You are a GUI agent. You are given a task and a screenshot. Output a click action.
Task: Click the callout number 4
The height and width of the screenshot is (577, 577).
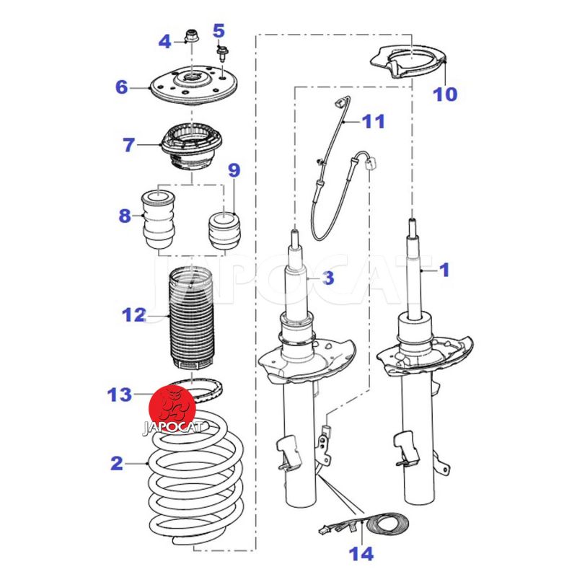point(164,42)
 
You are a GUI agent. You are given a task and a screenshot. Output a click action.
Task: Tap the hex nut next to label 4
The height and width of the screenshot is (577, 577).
point(192,35)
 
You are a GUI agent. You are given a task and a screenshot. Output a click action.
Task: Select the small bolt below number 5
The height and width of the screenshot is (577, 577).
point(222,53)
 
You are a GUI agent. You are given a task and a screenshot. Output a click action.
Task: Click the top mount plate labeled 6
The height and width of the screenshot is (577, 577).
point(194,85)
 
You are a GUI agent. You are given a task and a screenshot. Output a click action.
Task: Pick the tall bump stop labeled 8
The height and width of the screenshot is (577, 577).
point(158,219)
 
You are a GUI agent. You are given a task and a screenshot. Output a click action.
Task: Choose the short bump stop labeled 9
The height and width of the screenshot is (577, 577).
point(224,230)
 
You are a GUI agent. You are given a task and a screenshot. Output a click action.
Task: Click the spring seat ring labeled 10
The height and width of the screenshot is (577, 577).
point(408,63)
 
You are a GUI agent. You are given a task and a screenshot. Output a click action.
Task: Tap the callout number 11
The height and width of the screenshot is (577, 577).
point(373,121)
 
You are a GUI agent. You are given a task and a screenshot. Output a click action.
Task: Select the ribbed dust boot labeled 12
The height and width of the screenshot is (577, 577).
point(191,319)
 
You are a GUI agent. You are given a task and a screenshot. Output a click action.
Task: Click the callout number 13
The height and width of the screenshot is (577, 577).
point(120,395)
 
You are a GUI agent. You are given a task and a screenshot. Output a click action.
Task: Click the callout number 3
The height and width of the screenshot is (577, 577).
point(328,278)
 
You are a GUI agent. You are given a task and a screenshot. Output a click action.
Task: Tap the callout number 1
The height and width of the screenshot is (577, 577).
point(444,270)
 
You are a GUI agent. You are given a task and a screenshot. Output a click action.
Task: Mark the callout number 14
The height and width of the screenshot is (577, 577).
point(361,554)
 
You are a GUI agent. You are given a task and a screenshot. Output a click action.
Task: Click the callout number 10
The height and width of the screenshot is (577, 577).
point(445,94)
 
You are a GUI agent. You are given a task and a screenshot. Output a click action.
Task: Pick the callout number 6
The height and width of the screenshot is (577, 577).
point(121,87)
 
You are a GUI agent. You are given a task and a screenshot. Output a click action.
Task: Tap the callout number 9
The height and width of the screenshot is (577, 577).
point(234,170)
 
